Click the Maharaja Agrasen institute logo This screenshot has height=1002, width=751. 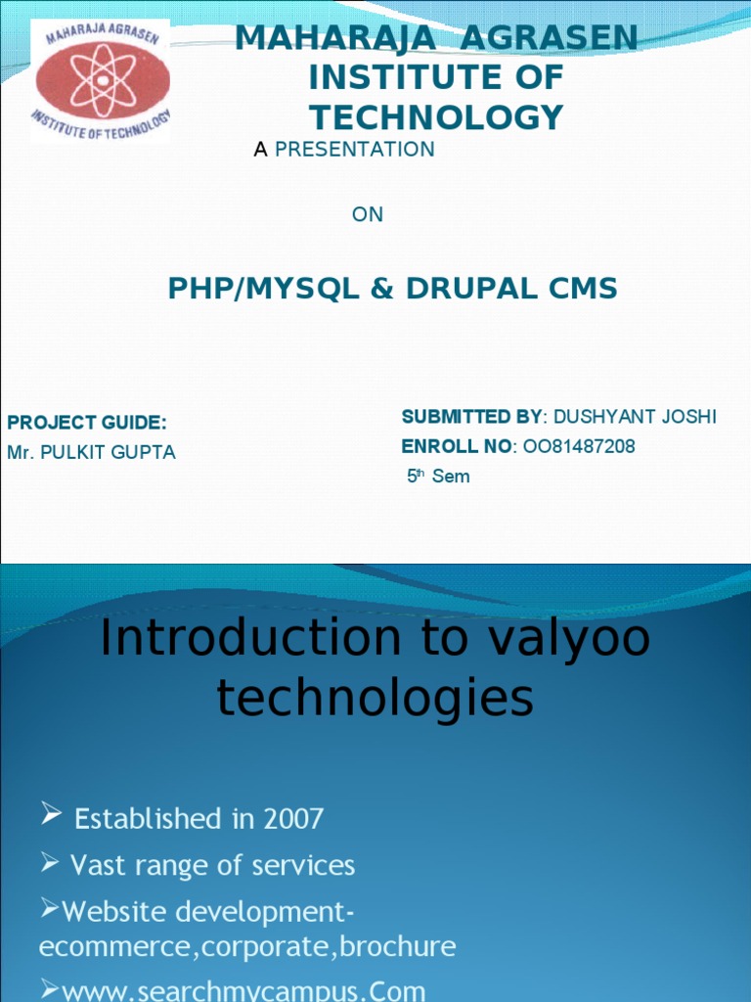click(x=102, y=81)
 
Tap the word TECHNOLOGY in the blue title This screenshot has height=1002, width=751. click(x=436, y=117)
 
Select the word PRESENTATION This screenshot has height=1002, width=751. click(x=355, y=150)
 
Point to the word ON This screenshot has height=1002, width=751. click(x=368, y=214)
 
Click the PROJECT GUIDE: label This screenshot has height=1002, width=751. click(x=87, y=423)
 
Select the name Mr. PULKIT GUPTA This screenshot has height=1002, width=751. click(x=92, y=453)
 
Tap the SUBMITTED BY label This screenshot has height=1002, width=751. click(x=470, y=417)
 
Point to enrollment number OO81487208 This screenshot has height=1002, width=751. click(x=579, y=447)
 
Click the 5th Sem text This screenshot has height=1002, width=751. click(x=438, y=477)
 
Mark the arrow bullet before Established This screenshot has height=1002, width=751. click(x=52, y=813)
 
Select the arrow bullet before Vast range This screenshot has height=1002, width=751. click(x=52, y=862)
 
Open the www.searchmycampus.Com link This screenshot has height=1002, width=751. click(x=243, y=991)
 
